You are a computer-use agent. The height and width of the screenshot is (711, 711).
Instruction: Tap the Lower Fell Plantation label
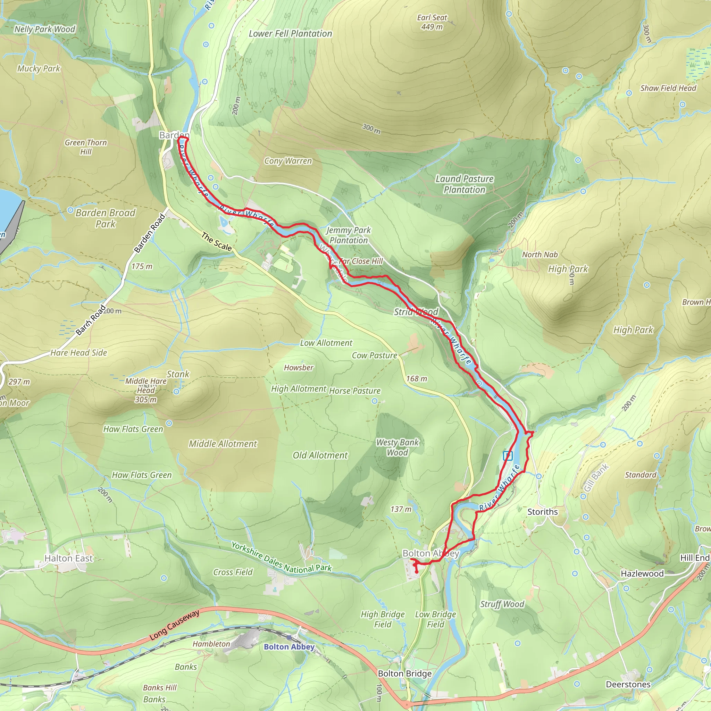click(x=290, y=33)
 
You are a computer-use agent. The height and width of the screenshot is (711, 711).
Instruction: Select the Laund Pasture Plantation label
click(x=465, y=184)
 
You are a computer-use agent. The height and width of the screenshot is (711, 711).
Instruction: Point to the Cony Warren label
click(x=288, y=161)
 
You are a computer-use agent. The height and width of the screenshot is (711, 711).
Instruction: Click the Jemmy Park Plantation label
click(x=349, y=235)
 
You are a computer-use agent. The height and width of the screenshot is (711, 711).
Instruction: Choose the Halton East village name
click(x=68, y=558)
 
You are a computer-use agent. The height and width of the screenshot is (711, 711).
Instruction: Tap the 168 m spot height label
click(x=417, y=379)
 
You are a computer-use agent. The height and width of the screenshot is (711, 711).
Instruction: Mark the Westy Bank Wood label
click(x=398, y=447)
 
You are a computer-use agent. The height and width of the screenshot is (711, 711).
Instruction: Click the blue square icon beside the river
click(x=508, y=456)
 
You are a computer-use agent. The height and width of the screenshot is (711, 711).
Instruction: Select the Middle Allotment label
click(x=223, y=444)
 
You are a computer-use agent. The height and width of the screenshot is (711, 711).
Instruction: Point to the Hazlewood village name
click(x=642, y=574)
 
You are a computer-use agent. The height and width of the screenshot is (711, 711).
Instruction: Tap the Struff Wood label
click(x=502, y=604)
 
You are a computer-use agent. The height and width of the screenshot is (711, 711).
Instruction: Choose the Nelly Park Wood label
click(x=44, y=29)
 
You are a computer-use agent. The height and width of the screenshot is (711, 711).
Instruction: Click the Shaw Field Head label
click(x=668, y=88)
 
